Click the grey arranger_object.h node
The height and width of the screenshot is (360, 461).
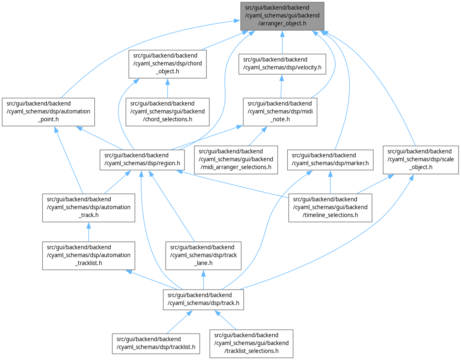(x=282, y=16)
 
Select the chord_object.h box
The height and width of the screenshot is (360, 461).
(x=168, y=64)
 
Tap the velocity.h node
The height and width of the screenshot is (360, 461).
(x=282, y=63)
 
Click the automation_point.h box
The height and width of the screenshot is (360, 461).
(x=48, y=112)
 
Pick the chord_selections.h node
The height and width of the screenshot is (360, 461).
(x=168, y=112)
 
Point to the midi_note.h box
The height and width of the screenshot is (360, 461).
(x=280, y=112)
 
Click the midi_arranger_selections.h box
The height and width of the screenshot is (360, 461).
(x=236, y=159)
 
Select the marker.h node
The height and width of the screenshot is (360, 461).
(x=330, y=159)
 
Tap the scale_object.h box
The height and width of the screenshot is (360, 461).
(x=420, y=159)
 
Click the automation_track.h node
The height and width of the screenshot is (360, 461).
(x=89, y=207)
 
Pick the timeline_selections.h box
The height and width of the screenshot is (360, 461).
(x=330, y=207)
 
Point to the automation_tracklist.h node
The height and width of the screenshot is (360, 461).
(x=89, y=255)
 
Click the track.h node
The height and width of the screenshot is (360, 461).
(x=203, y=299)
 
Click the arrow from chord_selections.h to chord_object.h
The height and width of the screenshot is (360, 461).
(x=167, y=88)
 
